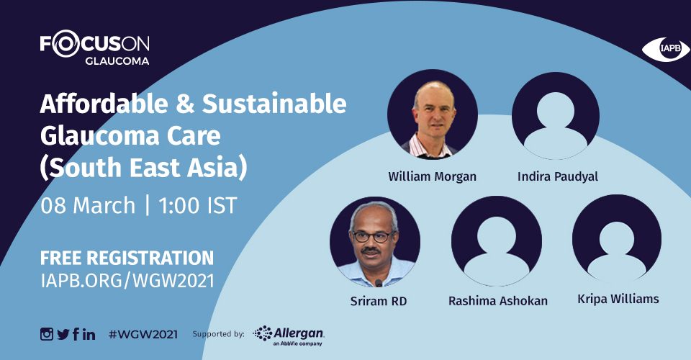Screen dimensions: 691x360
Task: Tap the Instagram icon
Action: pos(47,334)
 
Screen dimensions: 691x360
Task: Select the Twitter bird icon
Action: pos(63,335)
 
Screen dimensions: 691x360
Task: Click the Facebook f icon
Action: pos(76,334)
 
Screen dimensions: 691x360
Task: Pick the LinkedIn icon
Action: pos(89,335)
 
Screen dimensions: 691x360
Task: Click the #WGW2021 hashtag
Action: pos(143,335)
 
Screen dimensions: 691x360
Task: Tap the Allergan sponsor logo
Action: pos(289,336)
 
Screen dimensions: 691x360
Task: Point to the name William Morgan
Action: pos(432,176)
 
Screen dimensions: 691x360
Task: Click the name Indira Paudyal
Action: pos(557,176)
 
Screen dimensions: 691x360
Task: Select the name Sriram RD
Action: pos(379,302)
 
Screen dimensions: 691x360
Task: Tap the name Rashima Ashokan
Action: pos(498,301)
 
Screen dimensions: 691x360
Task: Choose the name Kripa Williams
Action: pos(618,299)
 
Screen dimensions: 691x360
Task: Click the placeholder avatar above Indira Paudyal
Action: pos(555,115)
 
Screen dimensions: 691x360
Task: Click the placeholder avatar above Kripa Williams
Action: pos(617,238)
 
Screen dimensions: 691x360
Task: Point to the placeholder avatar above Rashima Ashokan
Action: pos(496,240)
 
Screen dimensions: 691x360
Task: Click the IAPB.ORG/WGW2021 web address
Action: pos(127,281)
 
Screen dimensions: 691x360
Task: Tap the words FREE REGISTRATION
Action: pos(127,258)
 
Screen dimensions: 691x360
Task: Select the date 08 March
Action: pos(88,206)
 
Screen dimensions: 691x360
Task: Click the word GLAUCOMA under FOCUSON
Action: pos(117,60)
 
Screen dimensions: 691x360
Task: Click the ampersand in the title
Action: pos(185,104)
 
